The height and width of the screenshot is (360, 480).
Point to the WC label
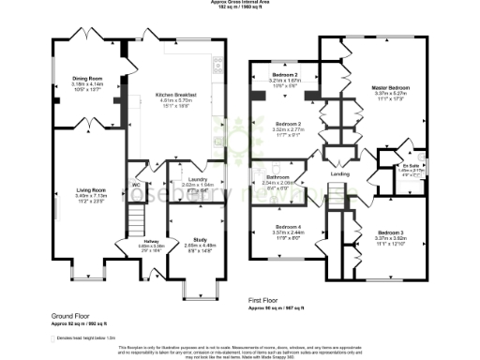point(136,184)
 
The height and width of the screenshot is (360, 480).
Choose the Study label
point(200,239)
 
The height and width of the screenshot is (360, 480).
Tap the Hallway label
point(135,242)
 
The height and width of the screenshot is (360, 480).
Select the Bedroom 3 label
point(389,232)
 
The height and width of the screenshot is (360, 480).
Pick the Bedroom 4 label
point(287,228)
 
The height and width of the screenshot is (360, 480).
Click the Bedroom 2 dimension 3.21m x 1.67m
point(285,81)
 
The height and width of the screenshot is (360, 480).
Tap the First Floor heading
point(266,302)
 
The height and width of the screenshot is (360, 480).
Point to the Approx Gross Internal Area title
point(240,4)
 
